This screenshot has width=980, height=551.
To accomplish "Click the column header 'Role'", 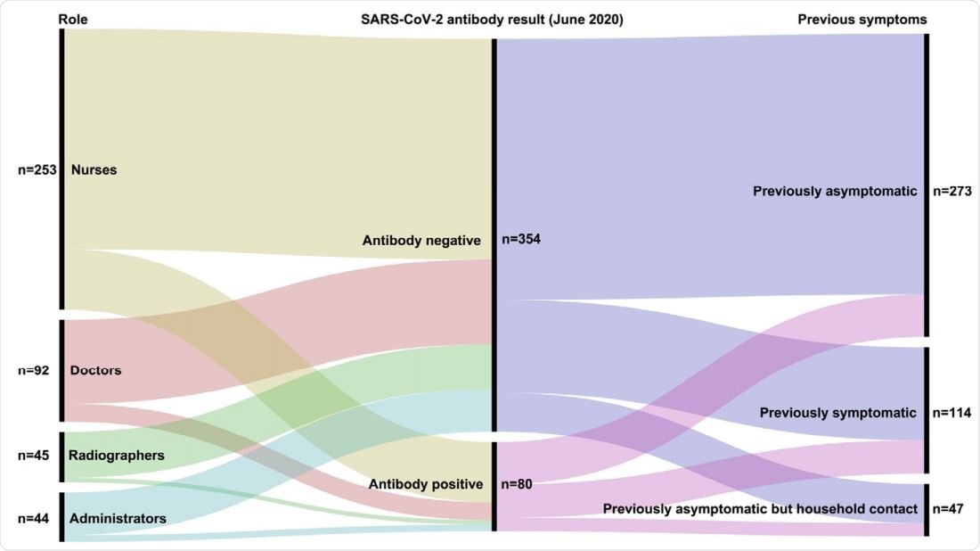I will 73,20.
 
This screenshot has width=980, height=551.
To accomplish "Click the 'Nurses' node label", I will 94,169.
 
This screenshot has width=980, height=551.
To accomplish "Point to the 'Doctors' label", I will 95,370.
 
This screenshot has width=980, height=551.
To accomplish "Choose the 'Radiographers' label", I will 117,456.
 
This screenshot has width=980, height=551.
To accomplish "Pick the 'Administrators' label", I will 118,518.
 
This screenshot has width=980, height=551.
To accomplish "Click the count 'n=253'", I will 37,169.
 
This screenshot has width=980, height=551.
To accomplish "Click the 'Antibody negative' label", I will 421,241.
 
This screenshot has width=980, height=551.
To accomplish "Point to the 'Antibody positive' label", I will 425,485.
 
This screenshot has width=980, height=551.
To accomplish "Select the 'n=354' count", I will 522,239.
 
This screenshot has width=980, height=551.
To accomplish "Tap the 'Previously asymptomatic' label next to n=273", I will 835,192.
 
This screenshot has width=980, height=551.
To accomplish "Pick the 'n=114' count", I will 951,413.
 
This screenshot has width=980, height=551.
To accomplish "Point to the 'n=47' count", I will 948,509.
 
